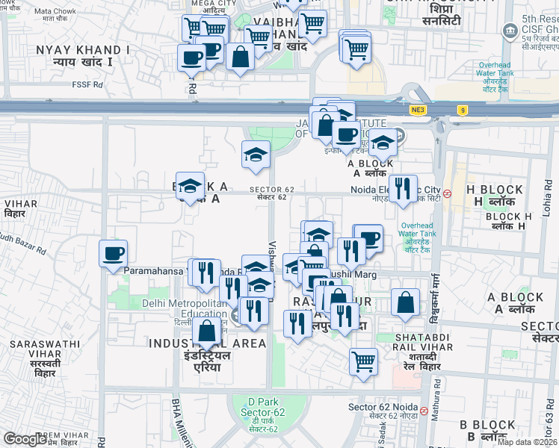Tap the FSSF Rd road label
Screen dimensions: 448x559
87,84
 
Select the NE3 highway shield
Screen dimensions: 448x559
417,111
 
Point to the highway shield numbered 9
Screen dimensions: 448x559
463,111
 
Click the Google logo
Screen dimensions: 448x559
25,439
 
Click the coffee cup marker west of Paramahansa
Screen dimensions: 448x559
113,254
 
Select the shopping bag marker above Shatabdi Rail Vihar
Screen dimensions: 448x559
405,302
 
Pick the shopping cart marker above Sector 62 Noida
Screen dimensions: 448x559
363,362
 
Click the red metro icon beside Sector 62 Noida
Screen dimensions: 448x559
424,411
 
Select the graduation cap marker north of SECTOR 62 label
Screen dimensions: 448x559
256,155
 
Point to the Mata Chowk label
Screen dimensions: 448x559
55,12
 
